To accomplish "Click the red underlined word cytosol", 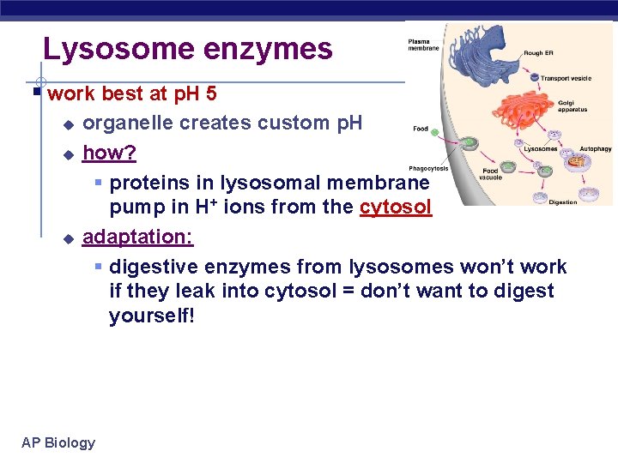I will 396,207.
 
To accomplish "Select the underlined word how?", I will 109,153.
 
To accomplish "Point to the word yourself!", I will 152,316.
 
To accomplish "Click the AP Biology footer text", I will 58,442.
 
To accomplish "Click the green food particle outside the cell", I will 435,132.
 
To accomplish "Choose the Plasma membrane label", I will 424,45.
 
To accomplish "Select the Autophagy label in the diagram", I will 595,148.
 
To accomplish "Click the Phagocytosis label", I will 428,169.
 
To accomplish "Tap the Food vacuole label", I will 490,173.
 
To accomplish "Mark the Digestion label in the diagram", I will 562,202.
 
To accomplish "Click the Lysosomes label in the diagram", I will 541,149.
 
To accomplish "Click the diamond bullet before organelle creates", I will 70,124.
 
